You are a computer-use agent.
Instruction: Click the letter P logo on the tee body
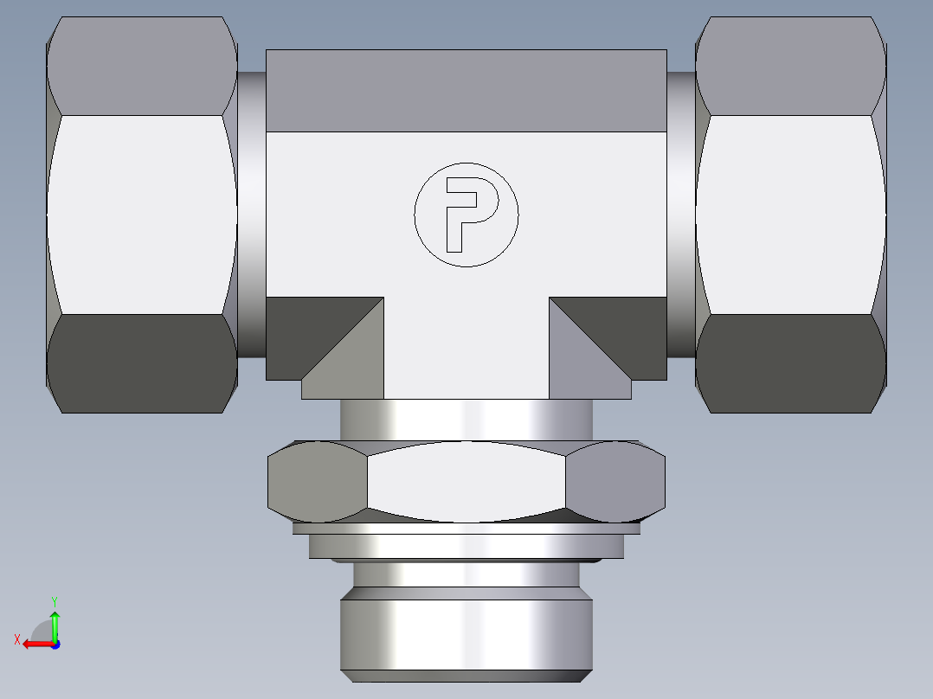pos(466,214)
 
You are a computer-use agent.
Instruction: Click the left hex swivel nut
pos(141,214)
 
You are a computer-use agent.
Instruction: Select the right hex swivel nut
pos(789,214)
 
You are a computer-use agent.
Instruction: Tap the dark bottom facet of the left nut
pos(141,362)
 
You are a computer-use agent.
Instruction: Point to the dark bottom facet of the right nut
pos(789,362)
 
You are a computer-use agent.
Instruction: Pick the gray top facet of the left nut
pos(141,66)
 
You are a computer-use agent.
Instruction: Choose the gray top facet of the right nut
pos(789,66)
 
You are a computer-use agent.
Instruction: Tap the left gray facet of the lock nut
pos(317,482)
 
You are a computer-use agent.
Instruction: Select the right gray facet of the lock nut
pos(615,482)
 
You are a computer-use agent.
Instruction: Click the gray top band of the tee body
pos(466,91)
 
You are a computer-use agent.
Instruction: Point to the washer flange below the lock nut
pos(466,546)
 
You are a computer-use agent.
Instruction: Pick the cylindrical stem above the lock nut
pos(466,420)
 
